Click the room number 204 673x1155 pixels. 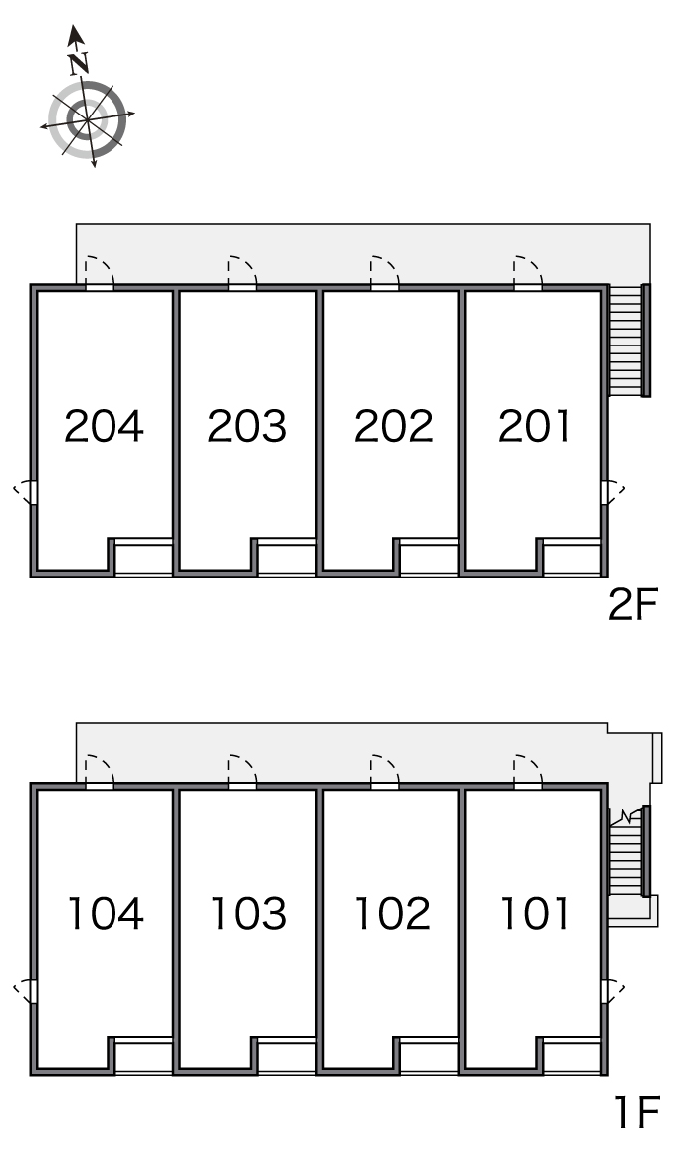click(x=104, y=426)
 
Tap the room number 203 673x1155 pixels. click(x=247, y=426)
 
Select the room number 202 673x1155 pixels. click(x=394, y=426)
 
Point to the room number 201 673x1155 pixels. click(x=534, y=426)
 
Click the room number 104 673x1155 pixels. click(x=106, y=913)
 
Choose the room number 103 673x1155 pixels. click(x=248, y=913)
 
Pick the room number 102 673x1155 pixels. click(x=392, y=913)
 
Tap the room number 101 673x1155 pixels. click(x=535, y=913)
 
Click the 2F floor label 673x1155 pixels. click(x=632, y=605)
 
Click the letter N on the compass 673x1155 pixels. click(x=79, y=64)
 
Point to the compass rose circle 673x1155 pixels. click(x=87, y=117)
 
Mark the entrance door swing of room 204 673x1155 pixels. click(x=100, y=271)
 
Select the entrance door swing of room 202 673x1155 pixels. click(x=384, y=271)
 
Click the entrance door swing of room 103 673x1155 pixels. click(x=242, y=771)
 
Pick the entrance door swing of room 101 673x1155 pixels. click(x=528, y=771)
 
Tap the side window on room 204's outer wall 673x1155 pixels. click(x=27, y=491)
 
